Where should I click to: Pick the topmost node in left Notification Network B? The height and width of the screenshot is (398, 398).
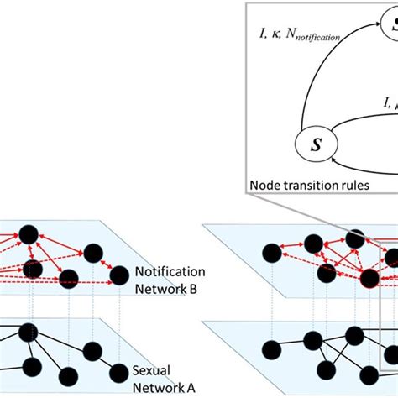pyautogui.click(x=29, y=233)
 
